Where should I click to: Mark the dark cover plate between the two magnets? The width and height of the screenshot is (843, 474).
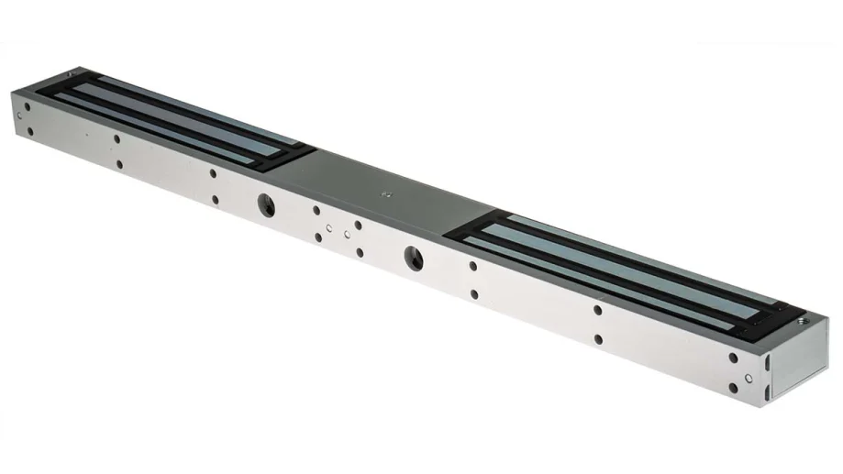coord(385,188)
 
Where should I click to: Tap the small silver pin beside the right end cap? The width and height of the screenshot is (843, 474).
coord(749,377)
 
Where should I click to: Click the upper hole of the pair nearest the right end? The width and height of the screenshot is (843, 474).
coord(732,358)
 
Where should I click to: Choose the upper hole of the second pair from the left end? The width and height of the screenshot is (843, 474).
coord(116,139)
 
